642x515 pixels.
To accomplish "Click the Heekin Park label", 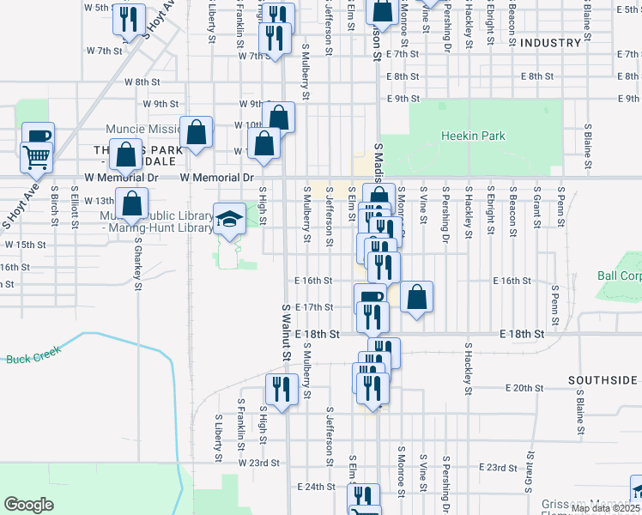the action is [473, 136].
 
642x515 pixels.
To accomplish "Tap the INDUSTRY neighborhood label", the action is [550, 43].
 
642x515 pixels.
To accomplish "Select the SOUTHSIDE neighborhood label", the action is [603, 379].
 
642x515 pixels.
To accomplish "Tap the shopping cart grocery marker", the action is [36, 157].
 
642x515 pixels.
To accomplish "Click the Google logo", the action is [28, 505].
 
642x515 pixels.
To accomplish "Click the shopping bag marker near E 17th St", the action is [416, 298].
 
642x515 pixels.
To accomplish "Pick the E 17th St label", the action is [313, 306].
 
